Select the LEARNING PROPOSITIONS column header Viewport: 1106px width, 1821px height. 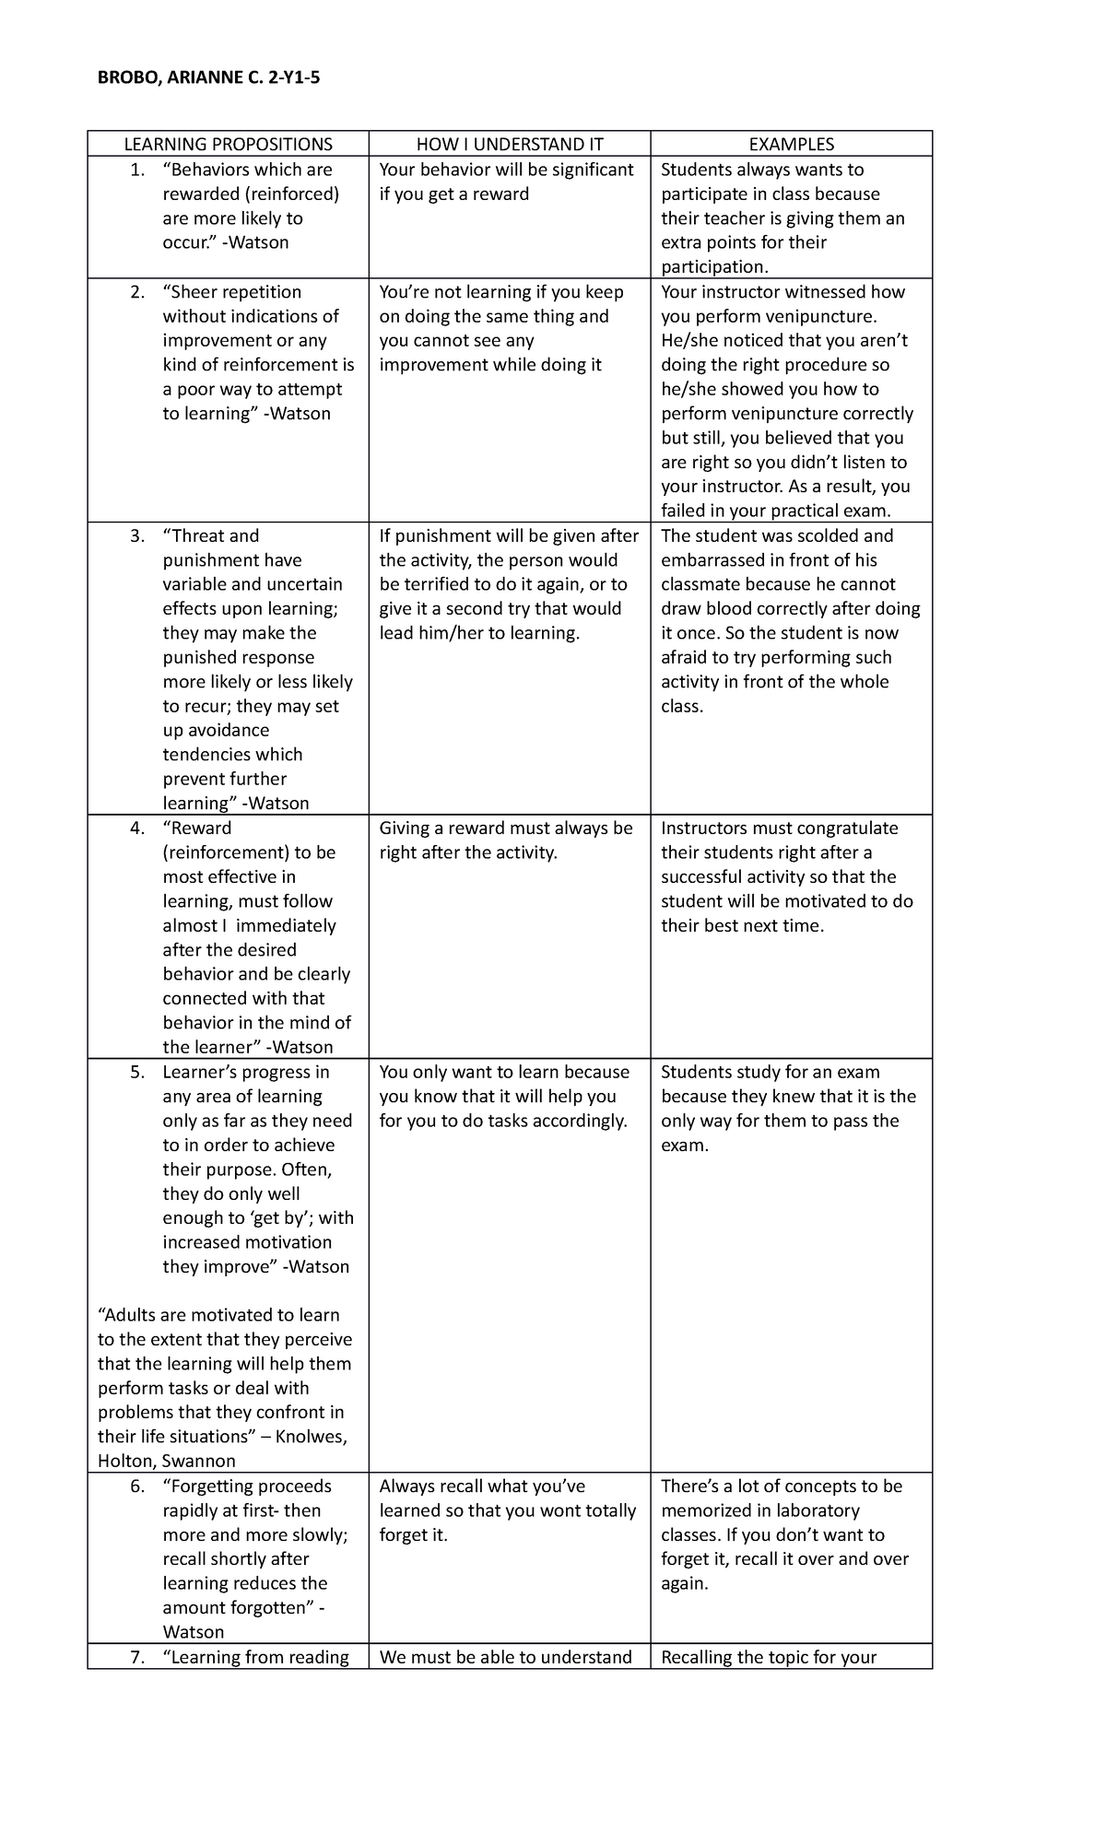pyautogui.click(x=228, y=144)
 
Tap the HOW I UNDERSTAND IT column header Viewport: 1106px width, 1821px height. pyautogui.click(x=510, y=144)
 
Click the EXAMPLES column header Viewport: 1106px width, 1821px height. pyautogui.click(x=791, y=144)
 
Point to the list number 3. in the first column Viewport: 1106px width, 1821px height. pyautogui.click(x=137, y=536)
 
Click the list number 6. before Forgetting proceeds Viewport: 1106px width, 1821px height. pyautogui.click(x=137, y=1486)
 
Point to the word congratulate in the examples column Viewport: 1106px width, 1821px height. pyautogui.click(x=847, y=828)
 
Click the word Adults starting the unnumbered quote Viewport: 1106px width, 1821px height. pyautogui.click(x=129, y=1316)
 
